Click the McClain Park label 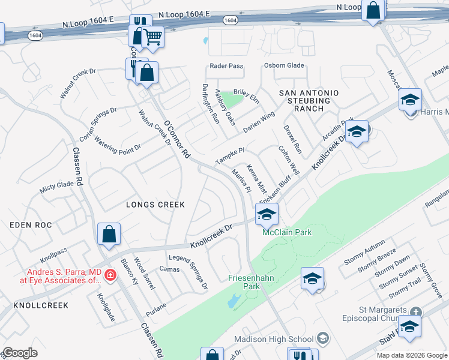point(287,232)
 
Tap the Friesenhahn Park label point(252,282)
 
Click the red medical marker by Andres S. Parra point(110,275)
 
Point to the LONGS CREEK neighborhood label point(155,205)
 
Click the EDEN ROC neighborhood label point(31,225)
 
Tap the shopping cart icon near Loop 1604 point(153,38)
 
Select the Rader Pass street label point(226,66)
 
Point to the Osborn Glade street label point(284,66)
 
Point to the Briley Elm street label point(246,95)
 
